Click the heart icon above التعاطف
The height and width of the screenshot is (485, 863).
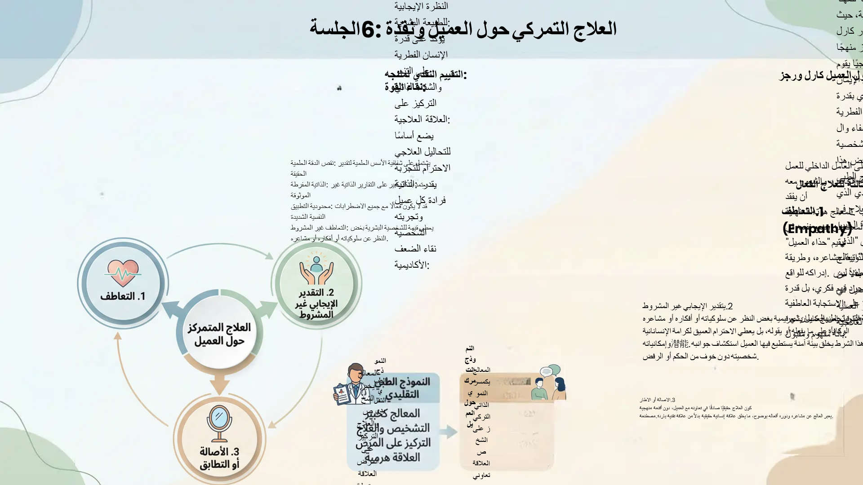point(123,273)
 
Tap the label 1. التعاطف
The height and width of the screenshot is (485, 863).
point(123,296)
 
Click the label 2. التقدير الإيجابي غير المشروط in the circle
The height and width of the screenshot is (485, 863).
point(316,304)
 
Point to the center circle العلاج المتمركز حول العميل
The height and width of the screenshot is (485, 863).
point(219,334)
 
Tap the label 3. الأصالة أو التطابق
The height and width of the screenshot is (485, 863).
point(219,458)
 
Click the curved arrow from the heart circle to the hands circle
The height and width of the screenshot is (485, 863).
point(220,248)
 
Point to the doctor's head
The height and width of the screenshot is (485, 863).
point(355,372)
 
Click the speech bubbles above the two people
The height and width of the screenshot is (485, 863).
point(550,371)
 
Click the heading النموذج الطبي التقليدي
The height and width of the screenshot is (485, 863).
point(402,388)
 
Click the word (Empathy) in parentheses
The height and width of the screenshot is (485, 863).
point(817,229)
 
